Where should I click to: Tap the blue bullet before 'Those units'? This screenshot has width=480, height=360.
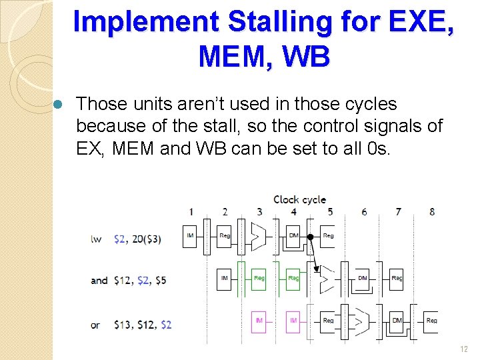click(58, 105)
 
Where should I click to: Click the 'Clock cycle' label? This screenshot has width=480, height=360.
click(300, 199)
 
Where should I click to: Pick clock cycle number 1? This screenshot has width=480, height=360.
click(191, 212)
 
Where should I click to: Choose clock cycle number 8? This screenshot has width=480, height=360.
click(432, 212)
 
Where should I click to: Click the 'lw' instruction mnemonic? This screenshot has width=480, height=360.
click(96, 239)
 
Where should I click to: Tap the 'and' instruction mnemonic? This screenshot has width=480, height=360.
click(99, 280)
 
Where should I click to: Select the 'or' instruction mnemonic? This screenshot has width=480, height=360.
click(95, 325)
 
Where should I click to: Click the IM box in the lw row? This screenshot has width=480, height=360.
click(191, 236)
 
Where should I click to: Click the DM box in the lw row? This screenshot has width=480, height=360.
click(293, 236)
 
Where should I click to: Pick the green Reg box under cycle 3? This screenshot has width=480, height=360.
click(259, 278)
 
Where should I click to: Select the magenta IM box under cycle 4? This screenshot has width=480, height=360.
click(293, 321)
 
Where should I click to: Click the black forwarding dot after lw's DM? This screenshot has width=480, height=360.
click(311, 236)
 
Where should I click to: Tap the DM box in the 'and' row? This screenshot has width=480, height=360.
click(363, 278)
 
